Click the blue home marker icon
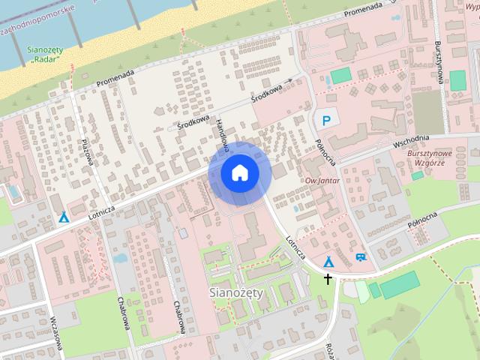[239, 173]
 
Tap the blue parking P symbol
[326, 119]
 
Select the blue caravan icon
[361, 256]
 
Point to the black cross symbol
[327, 279]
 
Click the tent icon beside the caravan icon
[328, 262]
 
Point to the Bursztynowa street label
[438, 64]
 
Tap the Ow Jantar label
[319, 180]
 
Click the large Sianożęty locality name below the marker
[235, 292]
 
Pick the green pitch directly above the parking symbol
[340, 76]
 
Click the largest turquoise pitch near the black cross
[399, 285]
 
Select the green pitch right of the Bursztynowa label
[457, 79]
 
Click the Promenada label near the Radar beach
[115, 78]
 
